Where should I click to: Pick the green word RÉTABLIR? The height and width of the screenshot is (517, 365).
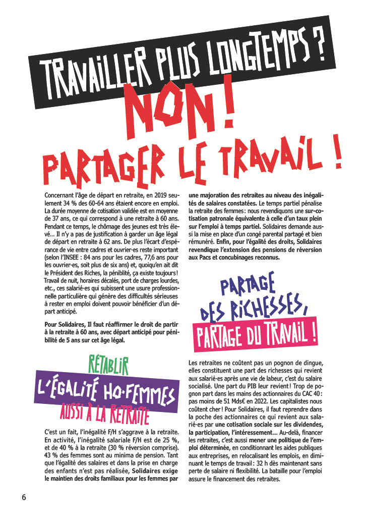[108, 364]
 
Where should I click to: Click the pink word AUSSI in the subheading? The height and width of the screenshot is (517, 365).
[75, 408]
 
